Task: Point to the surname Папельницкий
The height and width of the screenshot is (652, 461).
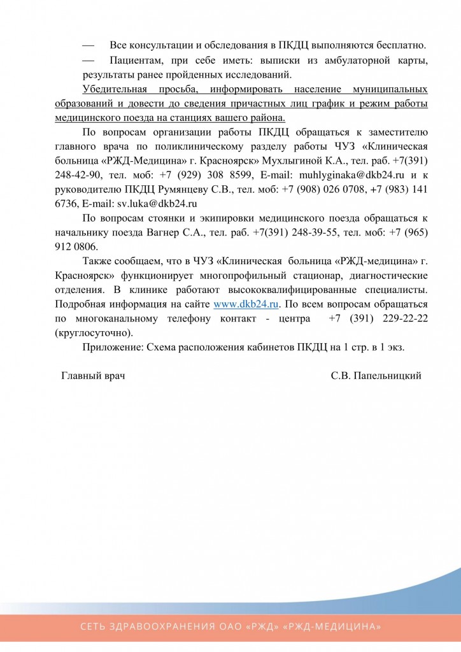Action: (385, 376)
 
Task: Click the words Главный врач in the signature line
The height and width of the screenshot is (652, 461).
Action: (93, 376)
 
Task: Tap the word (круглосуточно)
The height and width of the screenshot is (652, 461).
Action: (95, 332)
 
